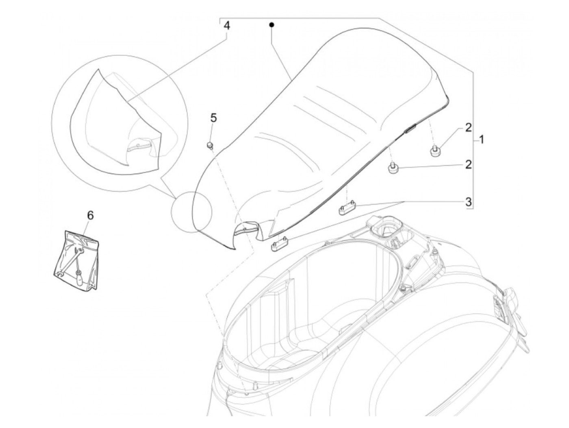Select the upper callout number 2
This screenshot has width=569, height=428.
pyautogui.click(x=468, y=128)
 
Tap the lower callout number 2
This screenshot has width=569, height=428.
pyautogui.click(x=468, y=165)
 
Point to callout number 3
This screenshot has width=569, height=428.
pyautogui.click(x=468, y=201)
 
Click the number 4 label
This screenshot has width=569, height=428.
pyautogui.click(x=227, y=26)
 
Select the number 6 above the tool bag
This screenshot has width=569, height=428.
pyautogui.click(x=90, y=215)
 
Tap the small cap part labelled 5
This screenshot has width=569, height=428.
pyautogui.click(x=210, y=145)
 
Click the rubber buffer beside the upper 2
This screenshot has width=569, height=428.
pyautogui.click(x=435, y=151)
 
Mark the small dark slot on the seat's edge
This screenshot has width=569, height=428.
pyautogui.click(x=409, y=129)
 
